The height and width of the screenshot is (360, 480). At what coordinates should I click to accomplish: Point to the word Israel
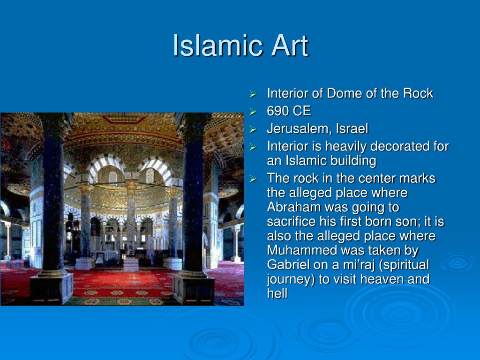tap(352, 128)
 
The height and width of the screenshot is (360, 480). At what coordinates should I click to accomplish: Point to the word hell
tap(277, 293)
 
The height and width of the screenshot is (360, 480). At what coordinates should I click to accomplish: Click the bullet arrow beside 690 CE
tap(253, 112)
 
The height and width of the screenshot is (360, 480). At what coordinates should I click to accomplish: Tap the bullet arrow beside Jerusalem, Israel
tap(253, 129)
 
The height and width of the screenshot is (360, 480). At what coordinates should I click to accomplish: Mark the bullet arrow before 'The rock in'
tap(253, 179)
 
